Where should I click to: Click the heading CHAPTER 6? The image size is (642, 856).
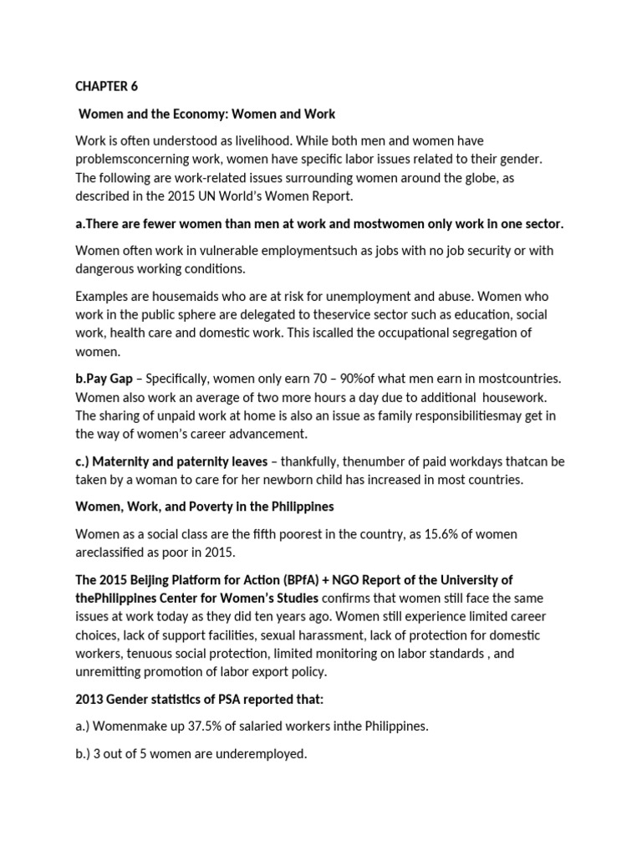[106, 86]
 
